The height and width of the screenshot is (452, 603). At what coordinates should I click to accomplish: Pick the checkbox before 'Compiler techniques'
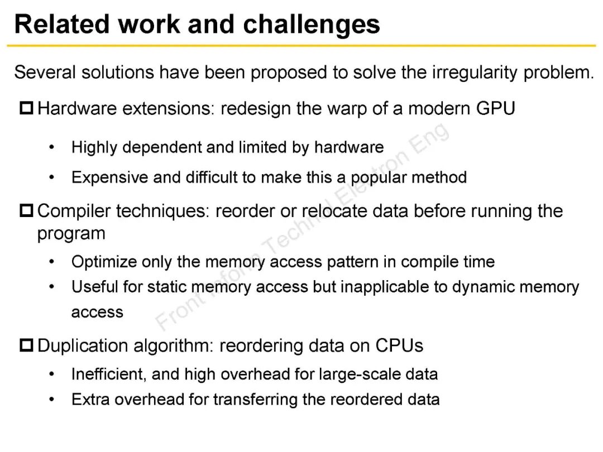[27, 211]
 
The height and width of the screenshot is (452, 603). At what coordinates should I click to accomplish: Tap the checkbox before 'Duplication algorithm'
[27, 345]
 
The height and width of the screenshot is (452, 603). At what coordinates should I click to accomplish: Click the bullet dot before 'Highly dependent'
[52, 147]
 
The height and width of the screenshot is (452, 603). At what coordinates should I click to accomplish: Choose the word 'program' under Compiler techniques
[71, 233]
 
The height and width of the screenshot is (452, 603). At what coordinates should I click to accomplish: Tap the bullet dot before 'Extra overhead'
[52, 400]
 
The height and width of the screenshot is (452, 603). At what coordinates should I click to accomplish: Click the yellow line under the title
[301, 45]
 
